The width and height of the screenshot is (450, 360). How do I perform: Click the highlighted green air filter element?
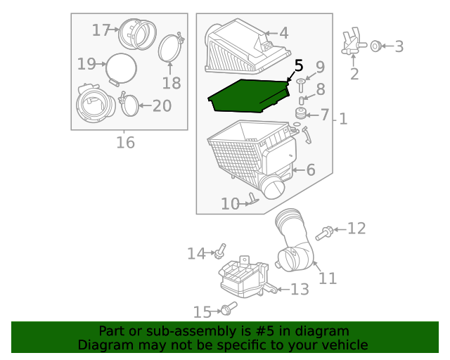[248, 96]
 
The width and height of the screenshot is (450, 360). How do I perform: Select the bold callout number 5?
[299, 65]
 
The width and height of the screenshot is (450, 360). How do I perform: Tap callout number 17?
[101, 30]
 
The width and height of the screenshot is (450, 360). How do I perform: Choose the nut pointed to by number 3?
[376, 46]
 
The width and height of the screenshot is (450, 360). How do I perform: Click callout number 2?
[354, 74]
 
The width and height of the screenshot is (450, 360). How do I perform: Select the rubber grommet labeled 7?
[300, 113]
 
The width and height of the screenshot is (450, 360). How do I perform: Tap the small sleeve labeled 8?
[302, 101]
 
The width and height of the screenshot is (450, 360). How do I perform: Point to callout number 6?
[311, 170]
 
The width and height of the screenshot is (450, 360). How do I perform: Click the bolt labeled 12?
[324, 233]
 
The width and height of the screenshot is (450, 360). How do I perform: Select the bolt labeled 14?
[220, 250]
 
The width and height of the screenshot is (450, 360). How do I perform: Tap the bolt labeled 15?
[229, 309]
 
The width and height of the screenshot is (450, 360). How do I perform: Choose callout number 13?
[300, 290]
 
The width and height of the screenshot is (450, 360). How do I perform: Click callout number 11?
[328, 278]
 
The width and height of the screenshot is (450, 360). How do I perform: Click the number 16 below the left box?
[125, 143]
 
